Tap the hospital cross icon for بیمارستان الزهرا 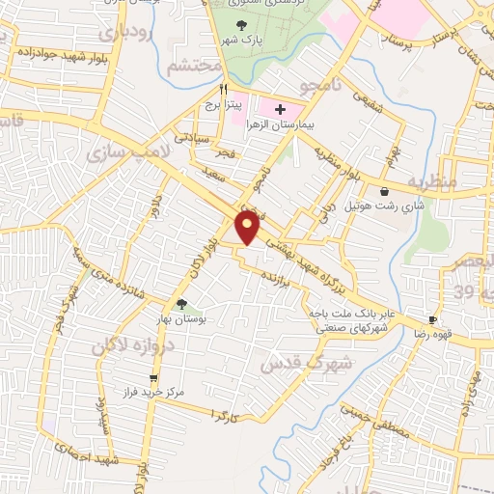(280, 110)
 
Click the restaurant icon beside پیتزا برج (224, 87)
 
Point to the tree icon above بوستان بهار (181, 304)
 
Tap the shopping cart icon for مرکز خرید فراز (152, 378)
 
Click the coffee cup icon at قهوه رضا (433, 319)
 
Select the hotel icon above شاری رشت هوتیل (385, 191)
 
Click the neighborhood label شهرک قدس (297, 362)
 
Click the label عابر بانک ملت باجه (363, 314)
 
